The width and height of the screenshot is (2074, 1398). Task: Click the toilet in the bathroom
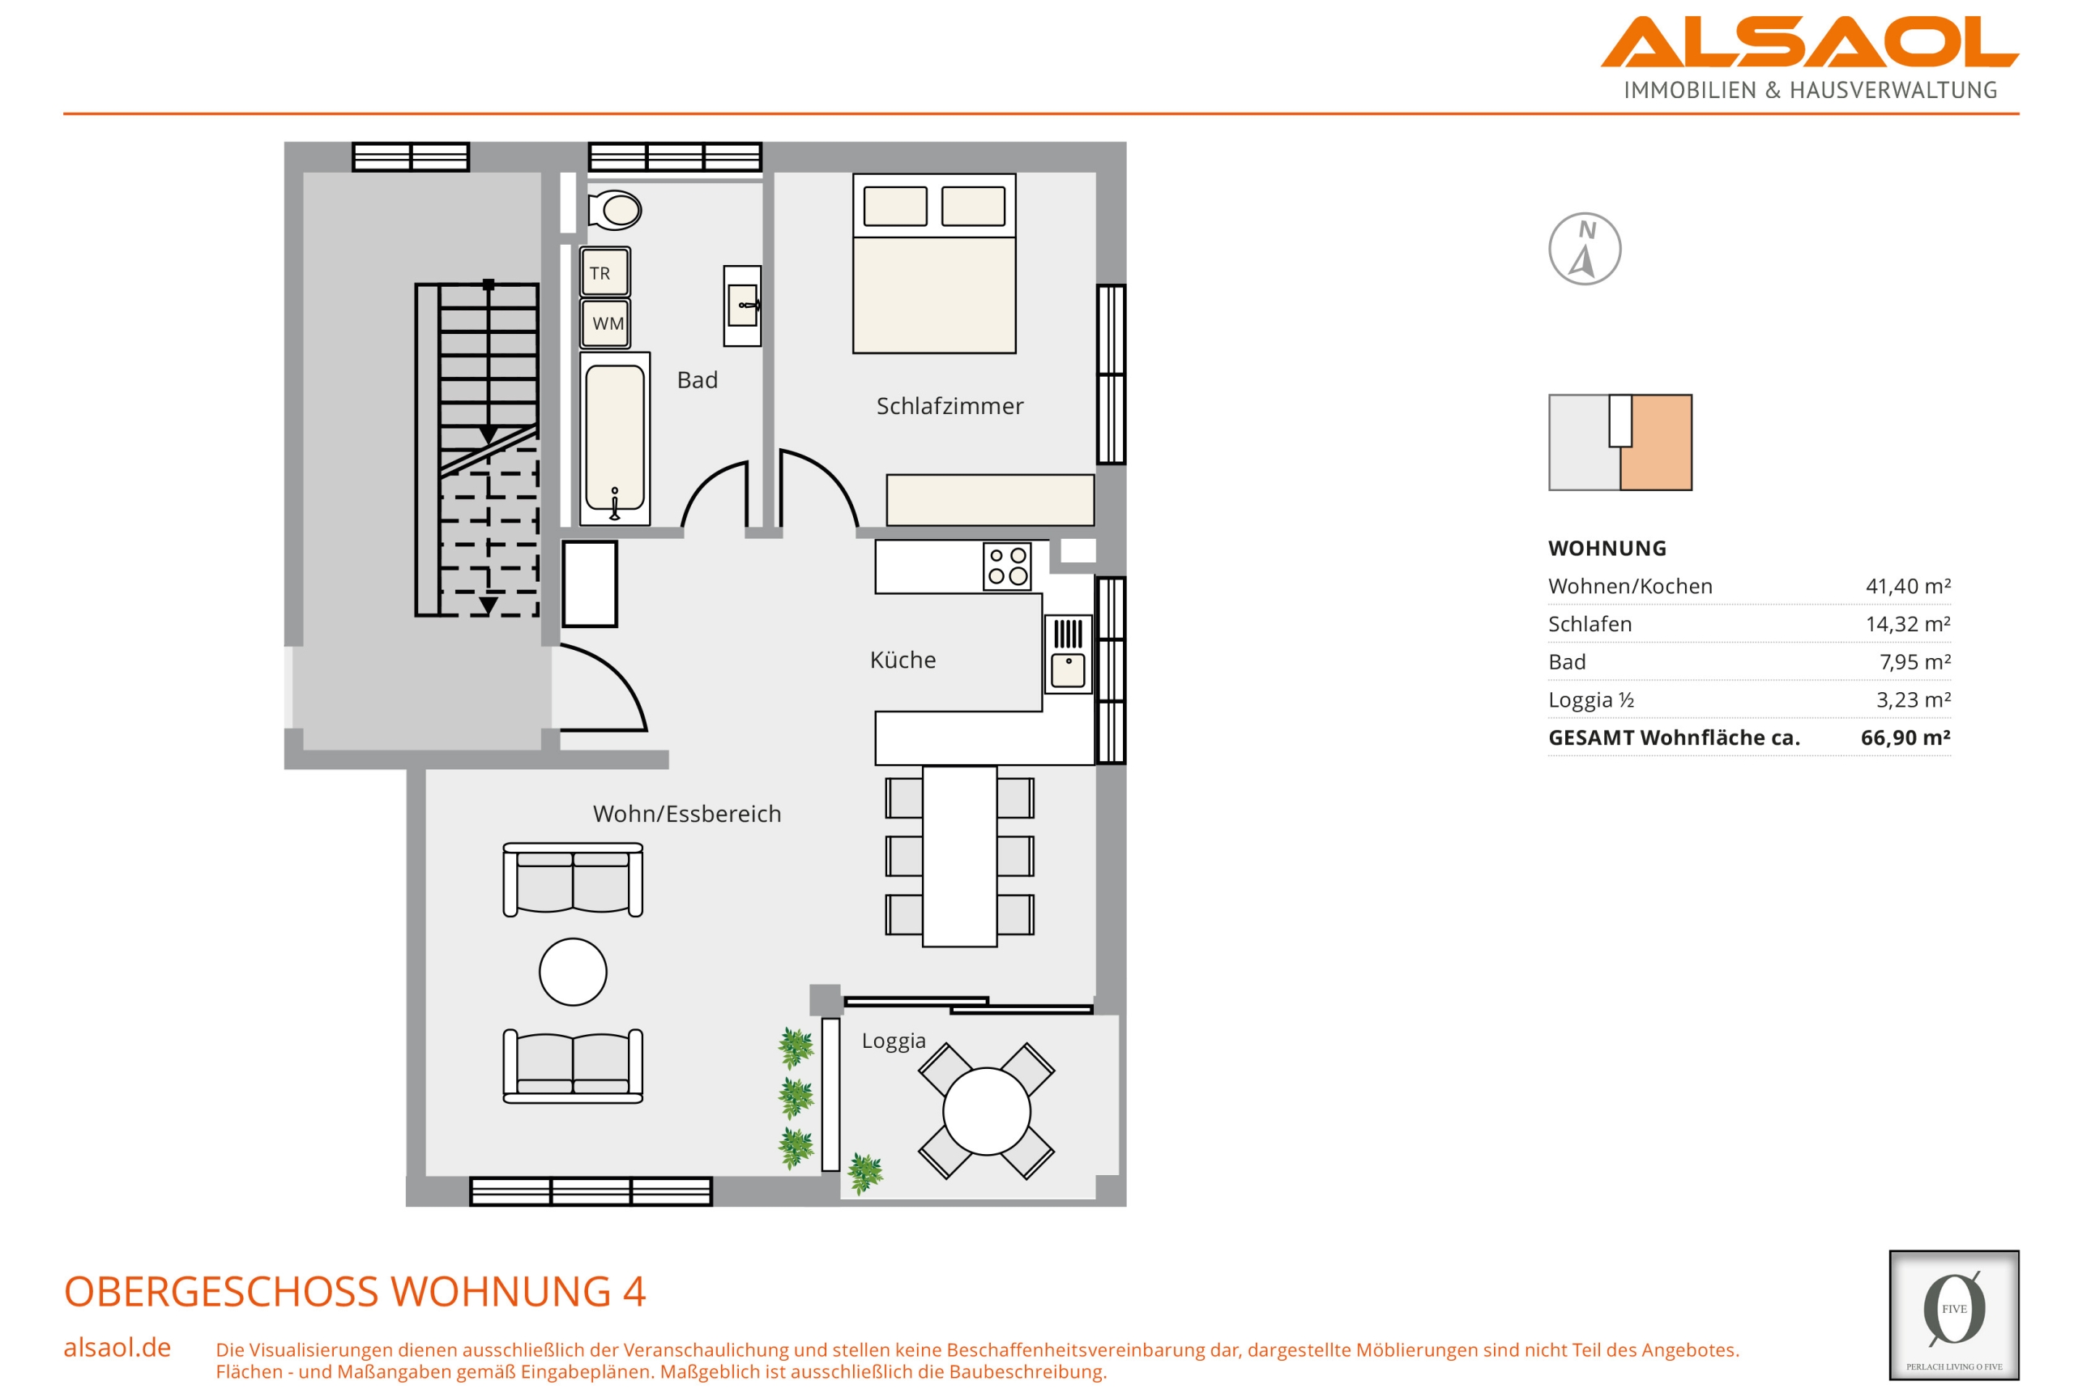(614, 211)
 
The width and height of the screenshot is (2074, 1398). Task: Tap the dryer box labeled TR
(604, 272)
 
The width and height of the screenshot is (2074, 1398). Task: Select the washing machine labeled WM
(604, 323)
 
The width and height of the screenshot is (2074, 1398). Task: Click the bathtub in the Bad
(614, 438)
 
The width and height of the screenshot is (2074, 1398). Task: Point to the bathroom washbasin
(741, 306)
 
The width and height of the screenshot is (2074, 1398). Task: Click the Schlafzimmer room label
(950, 407)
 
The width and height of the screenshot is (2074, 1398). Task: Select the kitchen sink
(1068, 653)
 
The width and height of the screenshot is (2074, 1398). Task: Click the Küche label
(902, 660)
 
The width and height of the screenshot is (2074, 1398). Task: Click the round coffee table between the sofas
(572, 972)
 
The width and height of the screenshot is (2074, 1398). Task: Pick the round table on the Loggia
(986, 1112)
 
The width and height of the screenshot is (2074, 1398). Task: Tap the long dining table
(959, 856)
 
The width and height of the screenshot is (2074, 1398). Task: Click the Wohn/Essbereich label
(686, 814)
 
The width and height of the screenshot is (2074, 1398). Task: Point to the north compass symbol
(1584, 249)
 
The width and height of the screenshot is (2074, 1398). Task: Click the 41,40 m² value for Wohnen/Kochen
(1907, 586)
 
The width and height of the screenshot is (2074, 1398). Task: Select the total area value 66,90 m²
(1905, 737)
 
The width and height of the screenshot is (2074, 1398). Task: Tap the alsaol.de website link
(117, 1347)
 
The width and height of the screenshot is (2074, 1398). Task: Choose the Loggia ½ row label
(1591, 700)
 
